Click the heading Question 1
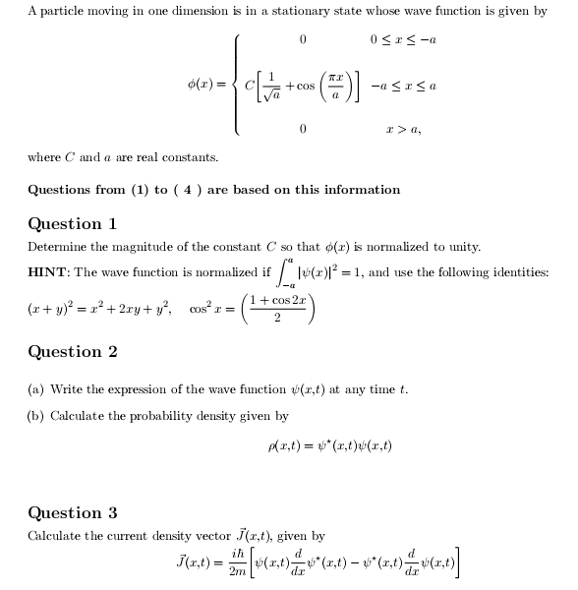click(73, 224)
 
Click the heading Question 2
click(73, 352)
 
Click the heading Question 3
click(73, 513)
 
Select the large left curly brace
click(238, 85)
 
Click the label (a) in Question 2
click(36, 389)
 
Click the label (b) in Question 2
click(36, 416)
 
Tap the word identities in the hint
click(522, 272)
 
